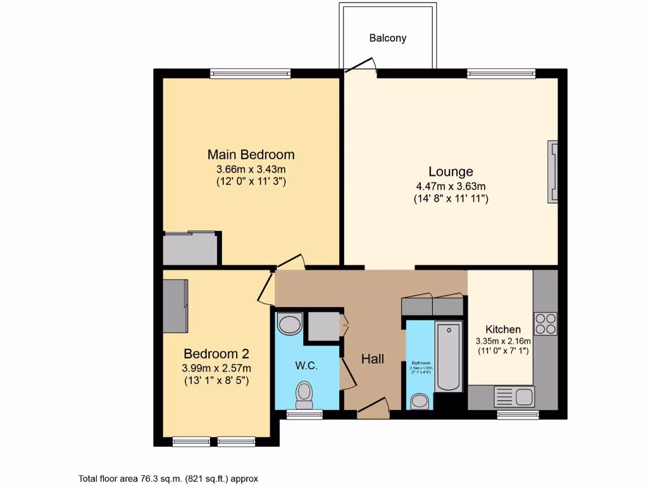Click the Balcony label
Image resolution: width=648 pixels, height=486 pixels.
coord(387,38)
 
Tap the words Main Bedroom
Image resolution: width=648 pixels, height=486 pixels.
coord(251,154)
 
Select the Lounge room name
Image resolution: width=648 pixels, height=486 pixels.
coord(451,171)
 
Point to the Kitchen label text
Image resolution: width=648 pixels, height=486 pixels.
coord(503,329)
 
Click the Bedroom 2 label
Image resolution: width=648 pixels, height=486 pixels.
coord(217,353)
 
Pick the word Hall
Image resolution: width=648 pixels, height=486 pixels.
coord(373,359)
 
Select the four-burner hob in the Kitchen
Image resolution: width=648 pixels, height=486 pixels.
coord(545,323)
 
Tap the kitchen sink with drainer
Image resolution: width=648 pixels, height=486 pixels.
coord(513,397)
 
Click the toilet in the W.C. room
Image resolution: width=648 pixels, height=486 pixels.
coord(304,394)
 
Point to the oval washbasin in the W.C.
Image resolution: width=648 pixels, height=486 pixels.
coord(290,325)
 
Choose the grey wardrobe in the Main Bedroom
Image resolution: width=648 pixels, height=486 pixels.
coord(190,248)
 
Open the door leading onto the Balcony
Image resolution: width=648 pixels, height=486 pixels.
coord(360,65)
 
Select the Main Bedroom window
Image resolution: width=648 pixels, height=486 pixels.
coord(251,73)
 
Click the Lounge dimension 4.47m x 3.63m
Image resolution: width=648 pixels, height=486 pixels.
coord(451,186)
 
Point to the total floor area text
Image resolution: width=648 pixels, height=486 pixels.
coord(168,478)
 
